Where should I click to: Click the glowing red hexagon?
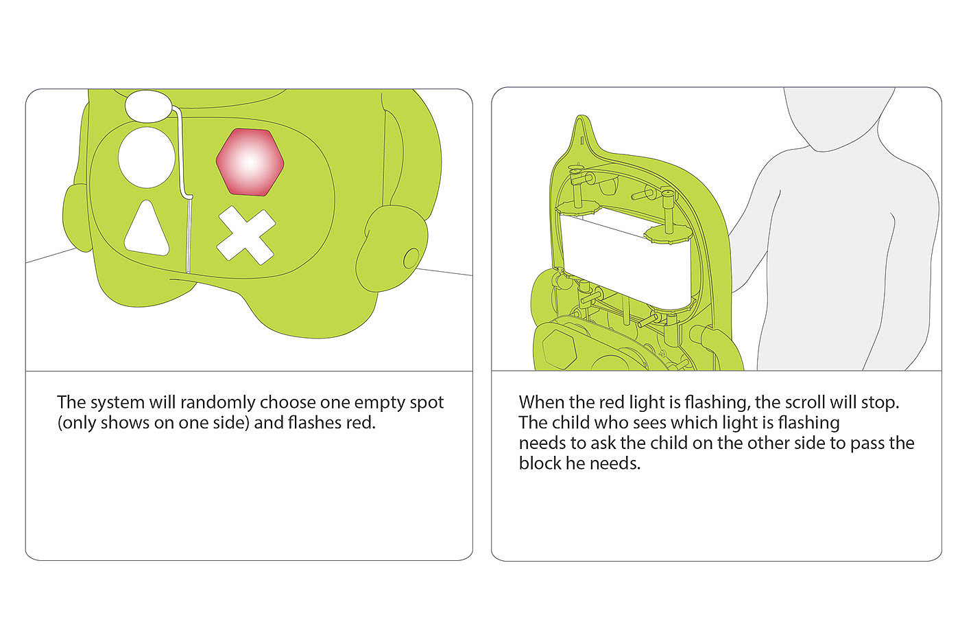pos(250,162)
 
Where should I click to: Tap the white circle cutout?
pos(147,157)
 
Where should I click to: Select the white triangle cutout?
pos(147,229)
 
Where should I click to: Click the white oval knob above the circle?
pos(147,106)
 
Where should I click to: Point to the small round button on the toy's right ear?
pos(411,258)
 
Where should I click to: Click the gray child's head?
pos(839,119)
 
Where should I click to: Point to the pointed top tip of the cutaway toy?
pos(581,116)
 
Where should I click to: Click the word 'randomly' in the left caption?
pos(218,403)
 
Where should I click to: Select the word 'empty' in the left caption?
pos(378,404)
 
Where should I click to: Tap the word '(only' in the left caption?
pos(77,424)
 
